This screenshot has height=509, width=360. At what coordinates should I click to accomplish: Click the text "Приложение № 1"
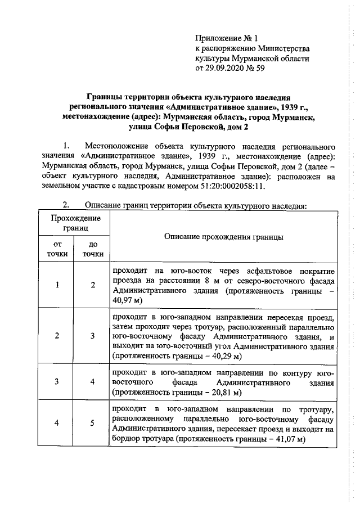click(225, 39)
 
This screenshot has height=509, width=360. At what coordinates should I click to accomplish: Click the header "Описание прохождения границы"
click(223, 237)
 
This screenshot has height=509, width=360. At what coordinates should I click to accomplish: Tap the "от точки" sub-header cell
click(57, 249)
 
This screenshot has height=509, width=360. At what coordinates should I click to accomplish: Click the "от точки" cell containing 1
click(57, 285)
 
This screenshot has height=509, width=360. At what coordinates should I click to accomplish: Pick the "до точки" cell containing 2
click(93, 285)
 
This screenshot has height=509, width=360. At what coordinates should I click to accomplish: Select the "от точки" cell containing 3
click(57, 381)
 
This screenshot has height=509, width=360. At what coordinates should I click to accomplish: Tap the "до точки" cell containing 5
click(93, 424)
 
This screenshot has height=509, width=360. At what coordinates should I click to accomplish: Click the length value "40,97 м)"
click(128, 301)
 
